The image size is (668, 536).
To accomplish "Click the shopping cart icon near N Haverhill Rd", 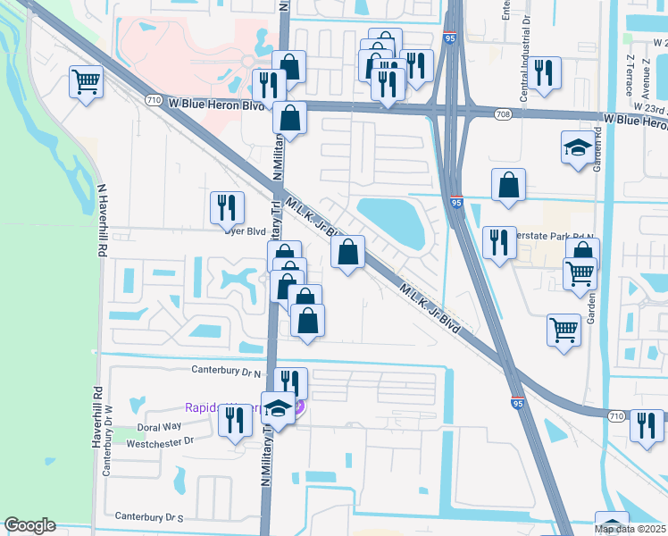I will coord(86,82).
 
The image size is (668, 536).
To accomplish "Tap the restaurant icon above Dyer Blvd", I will coord(227,208).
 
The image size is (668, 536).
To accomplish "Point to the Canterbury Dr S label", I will coord(149,516).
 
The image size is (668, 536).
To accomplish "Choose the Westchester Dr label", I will coord(158,441).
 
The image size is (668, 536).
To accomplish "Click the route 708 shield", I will coord(503,114).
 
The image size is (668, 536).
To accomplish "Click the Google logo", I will coord(30,524).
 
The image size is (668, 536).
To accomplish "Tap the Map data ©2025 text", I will coord(630,529).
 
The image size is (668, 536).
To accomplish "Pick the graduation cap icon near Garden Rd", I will coord(578,147).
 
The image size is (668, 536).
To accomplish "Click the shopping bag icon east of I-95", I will coord(508,185).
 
